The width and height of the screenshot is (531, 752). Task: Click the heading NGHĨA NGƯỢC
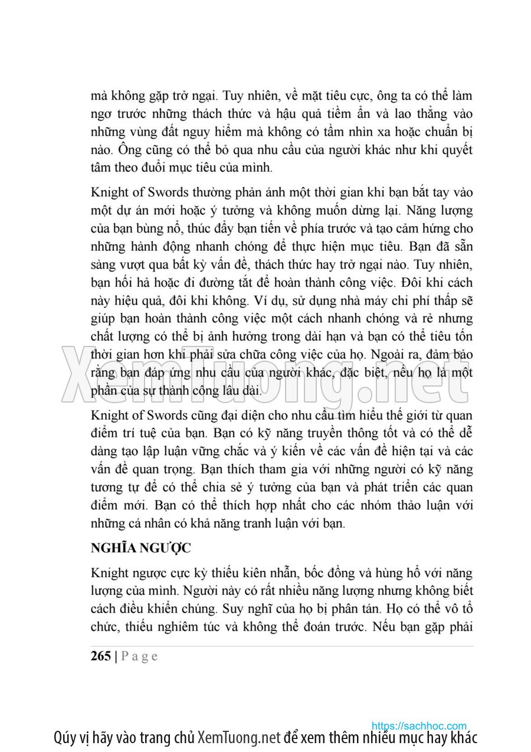point(141,548)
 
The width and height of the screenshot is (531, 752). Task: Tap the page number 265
point(101,656)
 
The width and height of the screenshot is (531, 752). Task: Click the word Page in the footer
point(140,656)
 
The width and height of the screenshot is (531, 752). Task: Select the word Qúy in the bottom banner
point(65,738)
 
